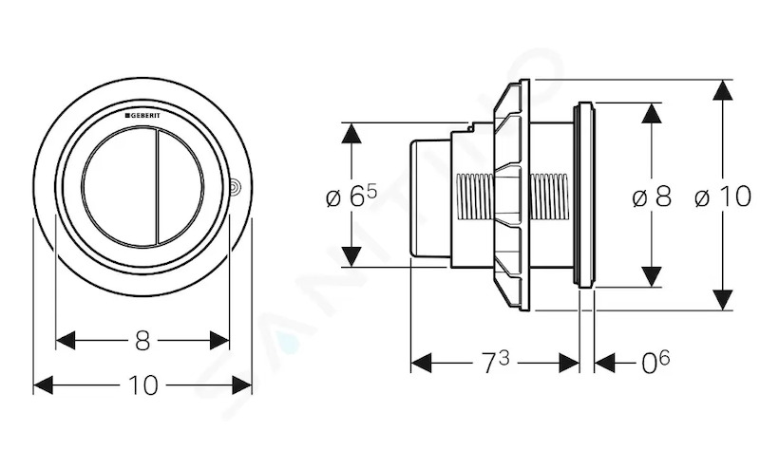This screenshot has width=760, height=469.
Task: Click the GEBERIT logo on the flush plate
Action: [142, 116]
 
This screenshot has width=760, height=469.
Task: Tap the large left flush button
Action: [120, 186]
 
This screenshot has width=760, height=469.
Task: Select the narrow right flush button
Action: [180, 186]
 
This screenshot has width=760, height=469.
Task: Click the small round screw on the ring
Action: [236, 186]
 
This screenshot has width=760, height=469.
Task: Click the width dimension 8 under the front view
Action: [142, 341]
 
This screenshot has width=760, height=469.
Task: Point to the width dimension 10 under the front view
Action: [143, 385]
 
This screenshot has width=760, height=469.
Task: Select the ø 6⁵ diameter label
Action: [351, 197]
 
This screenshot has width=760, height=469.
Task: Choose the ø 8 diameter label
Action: [652, 197]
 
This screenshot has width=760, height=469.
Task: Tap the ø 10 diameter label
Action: [723, 197]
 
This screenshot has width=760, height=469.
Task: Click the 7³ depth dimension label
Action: [496, 363]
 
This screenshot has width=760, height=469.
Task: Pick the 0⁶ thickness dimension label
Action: [655, 363]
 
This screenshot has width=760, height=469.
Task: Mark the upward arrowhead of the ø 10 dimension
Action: [723, 90]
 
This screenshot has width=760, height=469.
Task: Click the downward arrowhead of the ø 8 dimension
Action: [652, 276]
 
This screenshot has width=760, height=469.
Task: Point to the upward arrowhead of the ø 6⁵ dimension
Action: [351, 133]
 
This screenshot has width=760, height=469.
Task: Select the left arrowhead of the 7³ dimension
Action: [421, 363]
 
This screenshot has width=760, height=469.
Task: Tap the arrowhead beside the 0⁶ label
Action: [604, 363]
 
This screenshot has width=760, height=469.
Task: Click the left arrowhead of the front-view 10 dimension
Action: [43, 385]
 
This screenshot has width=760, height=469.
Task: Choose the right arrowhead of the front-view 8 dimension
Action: [219, 340]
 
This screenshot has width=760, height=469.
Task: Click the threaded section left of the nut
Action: [476, 197]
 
